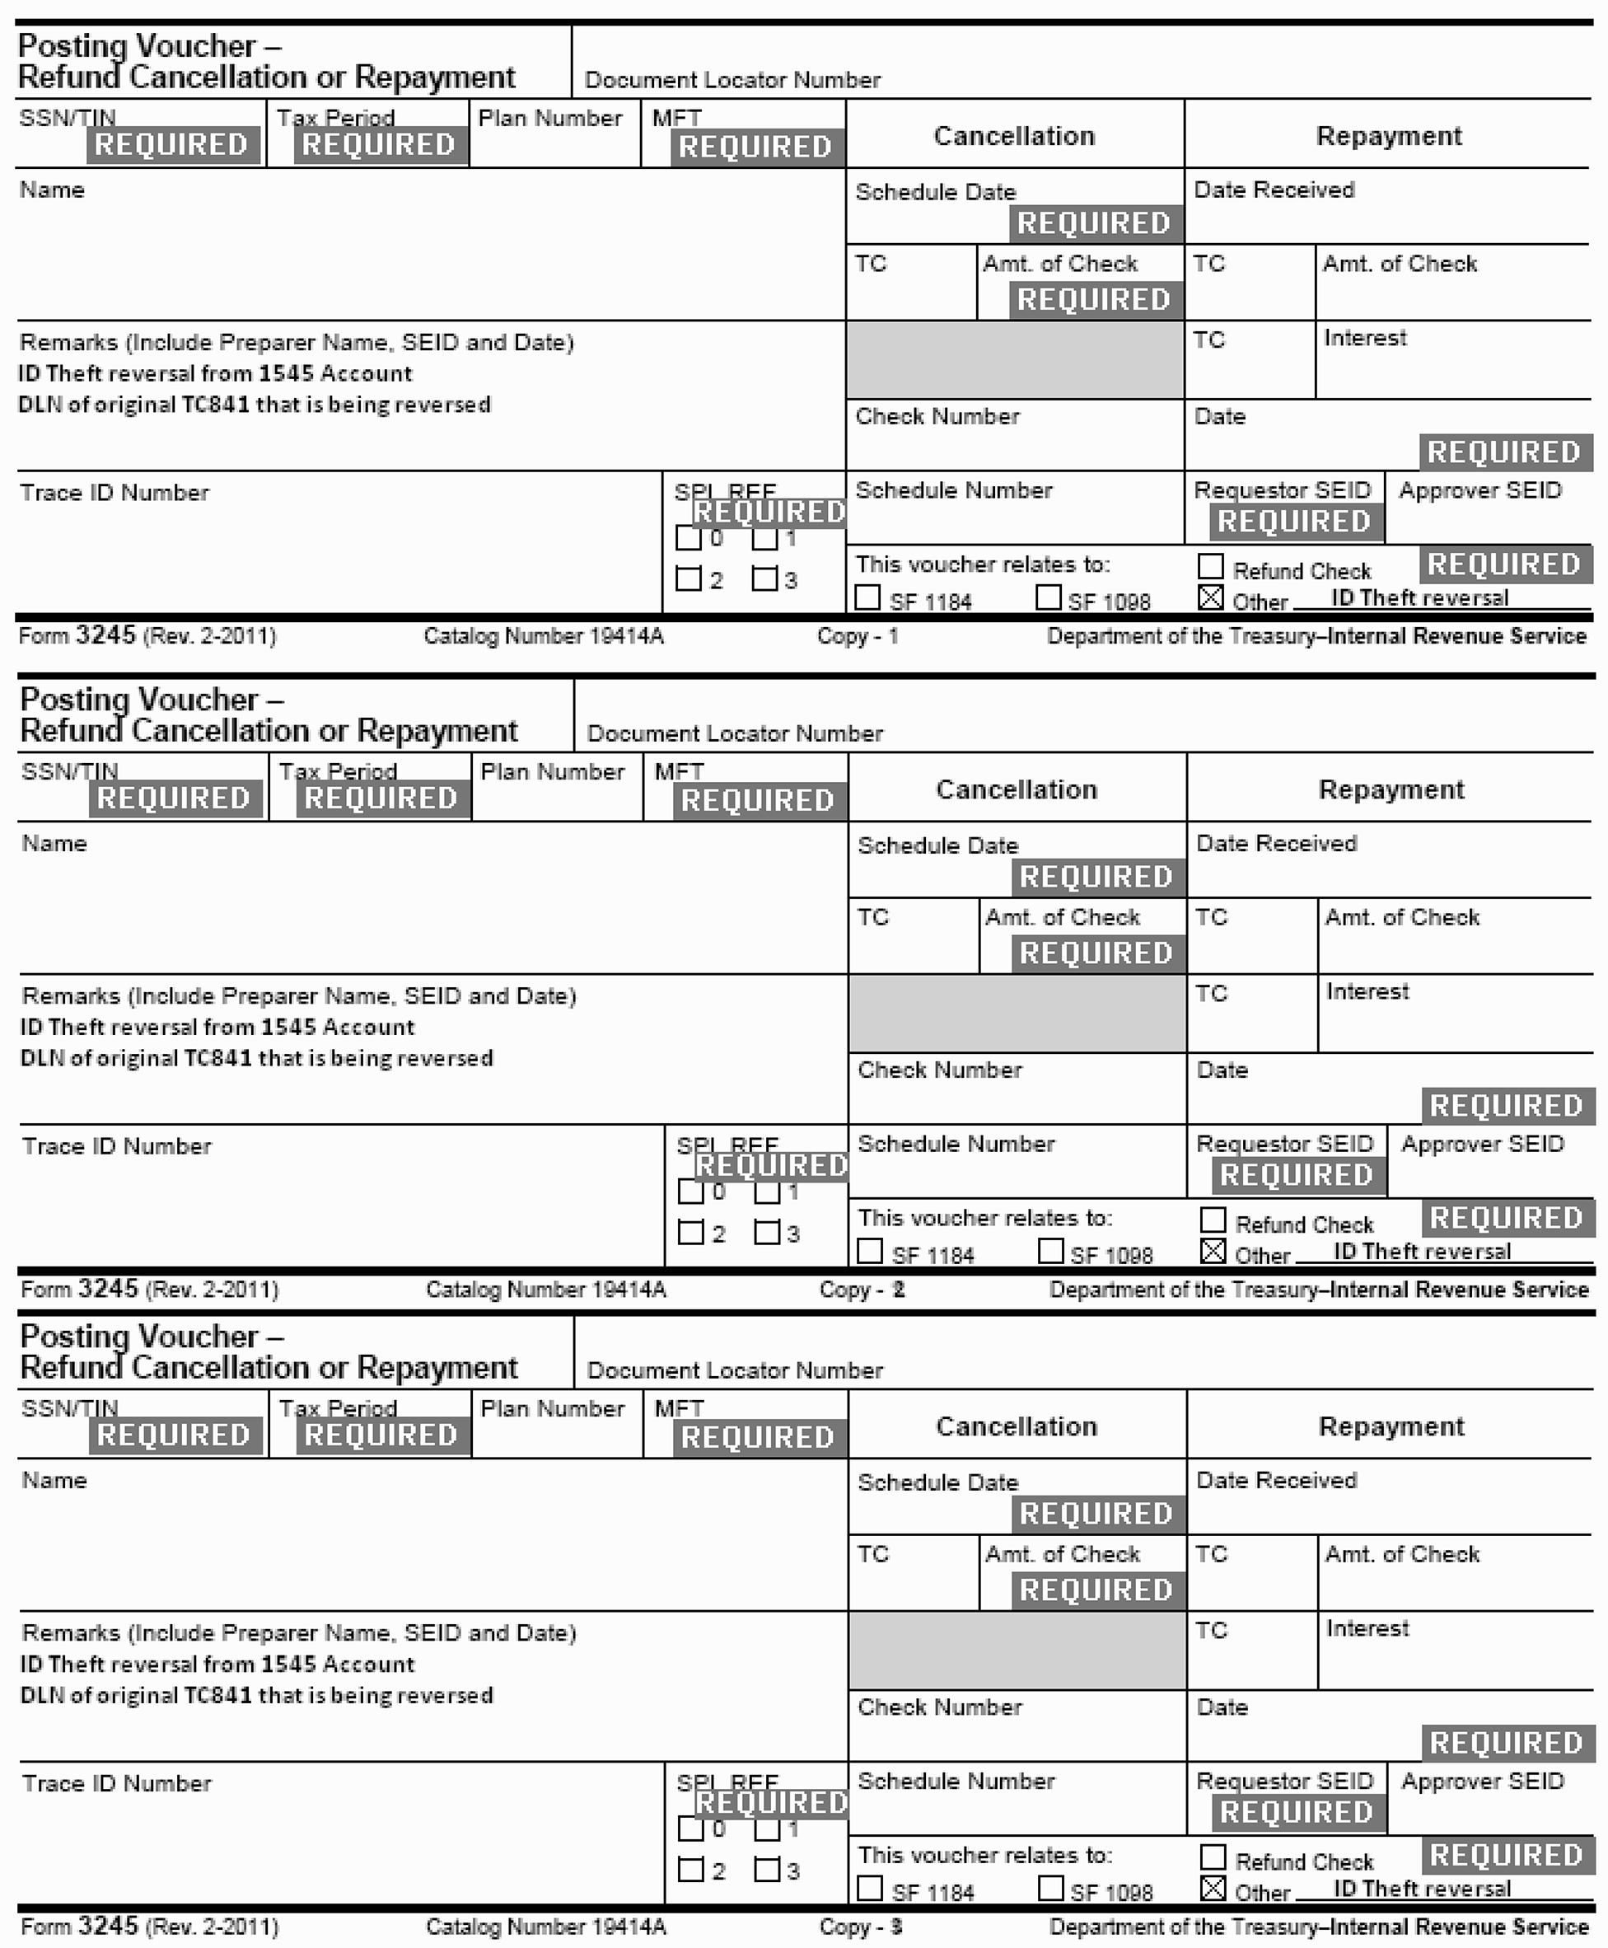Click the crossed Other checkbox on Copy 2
click(1213, 1252)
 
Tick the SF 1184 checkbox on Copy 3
click(870, 1888)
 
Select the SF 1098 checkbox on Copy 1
click(1049, 597)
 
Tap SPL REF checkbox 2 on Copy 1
click(688, 579)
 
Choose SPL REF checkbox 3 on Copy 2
click(766, 1233)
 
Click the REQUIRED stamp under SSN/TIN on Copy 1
click(172, 144)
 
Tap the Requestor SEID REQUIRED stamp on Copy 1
click(1294, 522)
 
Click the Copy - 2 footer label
click(862, 1290)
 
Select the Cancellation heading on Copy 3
click(1016, 1426)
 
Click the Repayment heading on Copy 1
click(1389, 136)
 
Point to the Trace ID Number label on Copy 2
click(117, 1146)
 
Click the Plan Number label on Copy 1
click(550, 119)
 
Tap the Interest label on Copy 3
click(1367, 1628)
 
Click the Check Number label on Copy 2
click(939, 1070)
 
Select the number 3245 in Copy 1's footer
click(105, 635)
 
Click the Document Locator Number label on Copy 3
click(735, 1370)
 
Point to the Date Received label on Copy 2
click(1276, 843)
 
